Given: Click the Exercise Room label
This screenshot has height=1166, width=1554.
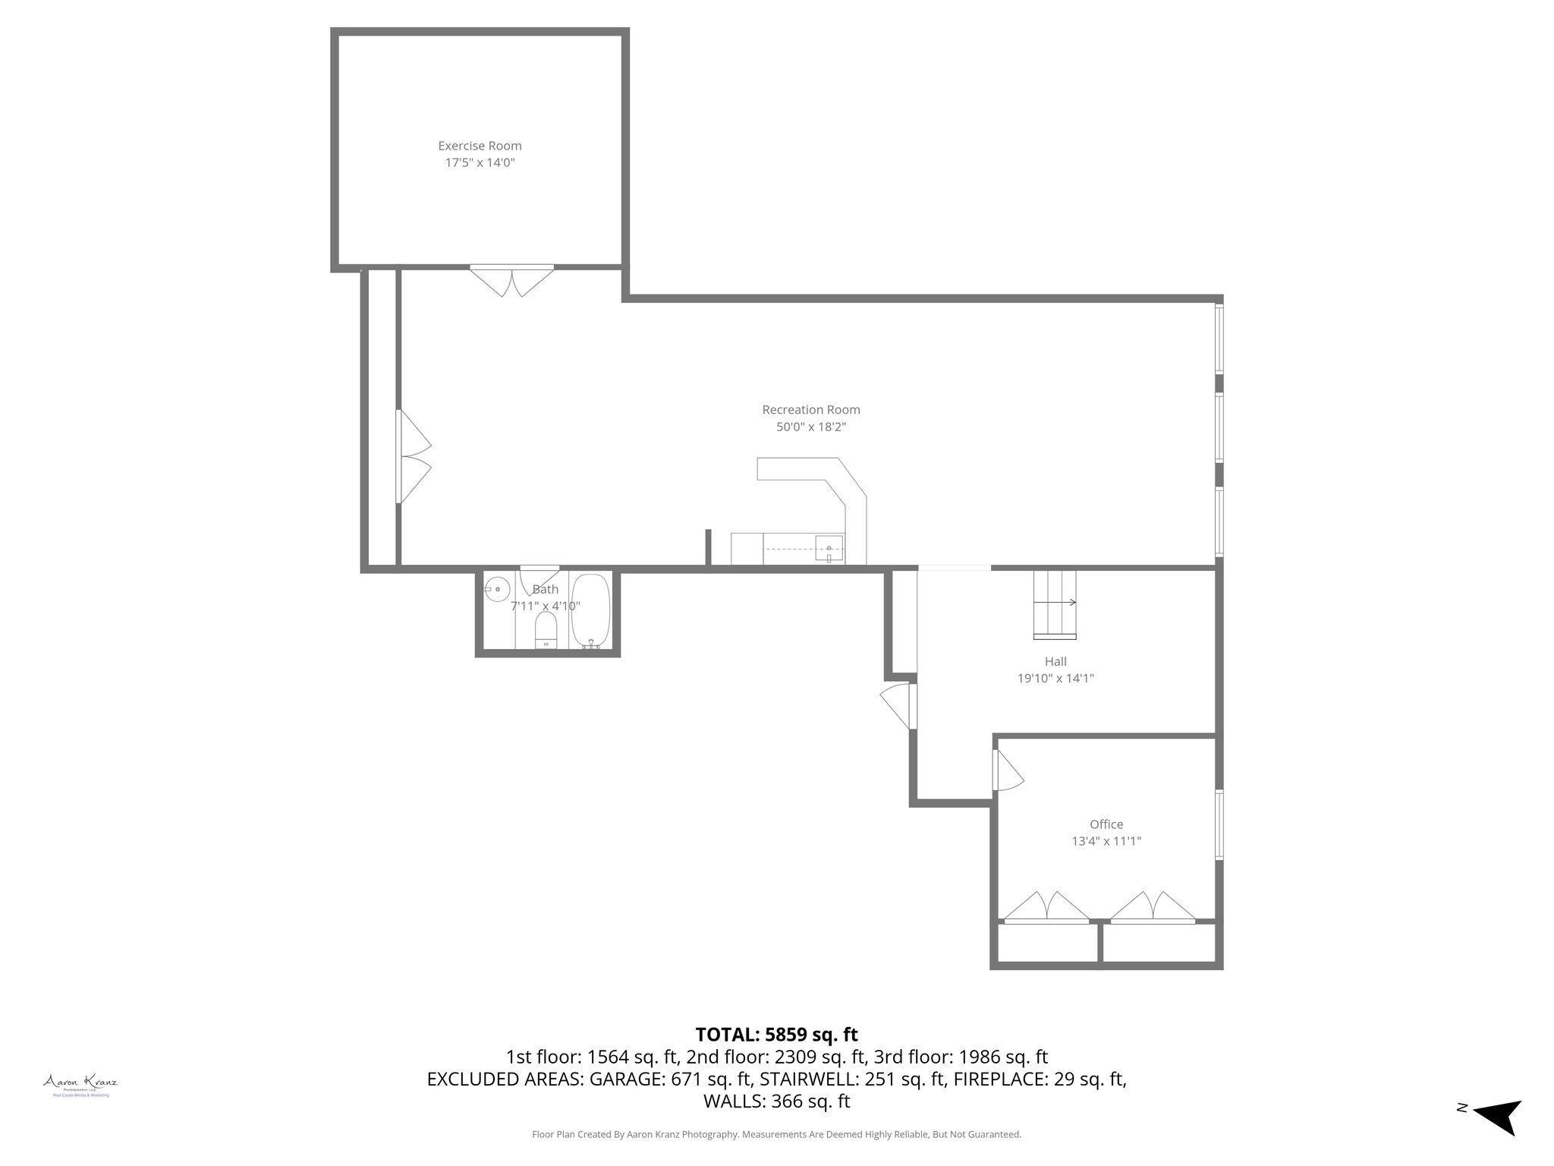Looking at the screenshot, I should [x=480, y=146].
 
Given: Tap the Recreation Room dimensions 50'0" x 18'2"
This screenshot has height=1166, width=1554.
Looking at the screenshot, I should [x=810, y=427].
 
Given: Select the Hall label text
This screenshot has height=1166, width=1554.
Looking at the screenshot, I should [x=1055, y=662].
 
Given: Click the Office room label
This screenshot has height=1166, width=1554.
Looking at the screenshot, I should [x=1106, y=824].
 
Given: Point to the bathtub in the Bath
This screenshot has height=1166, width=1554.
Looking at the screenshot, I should [x=590, y=611].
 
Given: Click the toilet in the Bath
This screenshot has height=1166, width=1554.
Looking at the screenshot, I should [x=546, y=631].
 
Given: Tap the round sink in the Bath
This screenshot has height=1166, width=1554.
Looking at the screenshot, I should [x=497, y=589].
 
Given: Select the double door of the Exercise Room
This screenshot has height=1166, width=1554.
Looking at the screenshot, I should [x=511, y=280].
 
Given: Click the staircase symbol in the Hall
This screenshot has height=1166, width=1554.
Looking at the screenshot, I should [x=1055, y=603].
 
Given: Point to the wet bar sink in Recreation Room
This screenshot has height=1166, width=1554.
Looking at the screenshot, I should [x=829, y=549].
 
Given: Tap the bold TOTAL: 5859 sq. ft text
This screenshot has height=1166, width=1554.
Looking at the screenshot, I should [x=776, y=1035].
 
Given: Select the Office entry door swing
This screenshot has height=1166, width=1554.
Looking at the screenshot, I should [x=1007, y=771].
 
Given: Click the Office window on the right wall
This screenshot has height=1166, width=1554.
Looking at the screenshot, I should [x=1219, y=824].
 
